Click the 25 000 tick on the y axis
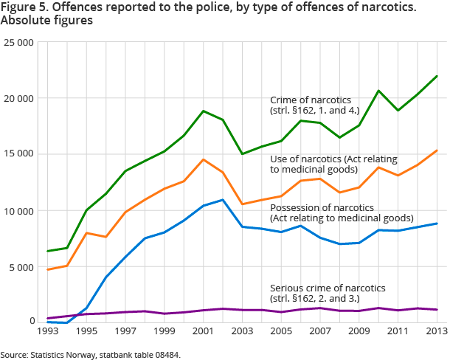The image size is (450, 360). [20, 43]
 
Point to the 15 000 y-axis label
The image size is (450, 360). [20, 154]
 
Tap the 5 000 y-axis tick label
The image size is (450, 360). [23, 266]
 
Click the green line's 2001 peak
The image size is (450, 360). [204, 111]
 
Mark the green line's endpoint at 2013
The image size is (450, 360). [437, 76]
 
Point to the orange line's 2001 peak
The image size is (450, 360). [204, 159]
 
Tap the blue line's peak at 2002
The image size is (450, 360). [223, 200]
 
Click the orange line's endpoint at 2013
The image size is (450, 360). [437, 150]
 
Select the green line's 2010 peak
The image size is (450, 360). [379, 91]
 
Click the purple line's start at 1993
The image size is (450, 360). [48, 319]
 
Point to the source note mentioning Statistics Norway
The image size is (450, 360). [90, 355]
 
